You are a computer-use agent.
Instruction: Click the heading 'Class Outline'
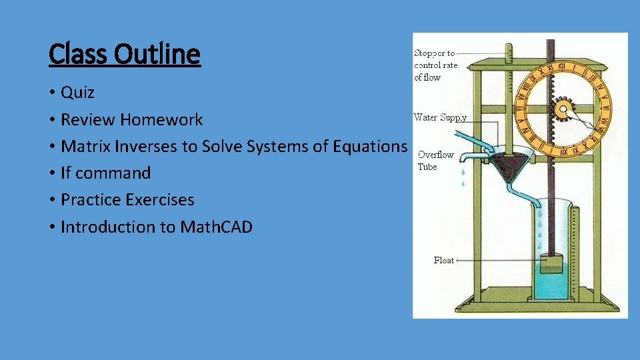pyautogui.click(x=125, y=54)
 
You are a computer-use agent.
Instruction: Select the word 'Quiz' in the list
pyautogui.click(x=77, y=93)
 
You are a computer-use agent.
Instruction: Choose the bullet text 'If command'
pyautogui.click(x=105, y=173)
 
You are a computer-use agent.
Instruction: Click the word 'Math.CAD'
pyautogui.click(x=216, y=227)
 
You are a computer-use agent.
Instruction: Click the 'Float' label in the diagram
pyautogui.click(x=443, y=261)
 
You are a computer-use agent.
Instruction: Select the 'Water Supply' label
pyautogui.click(x=440, y=118)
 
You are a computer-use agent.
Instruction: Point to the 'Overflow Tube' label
pyautogui.click(x=435, y=161)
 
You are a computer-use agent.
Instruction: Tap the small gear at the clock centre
pyautogui.click(x=564, y=109)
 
